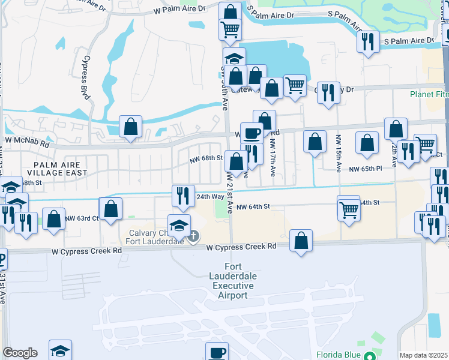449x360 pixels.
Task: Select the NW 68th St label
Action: point(206,158)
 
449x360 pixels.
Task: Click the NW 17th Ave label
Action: point(273,158)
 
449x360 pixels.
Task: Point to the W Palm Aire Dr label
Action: point(179,10)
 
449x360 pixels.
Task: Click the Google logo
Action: point(20,353)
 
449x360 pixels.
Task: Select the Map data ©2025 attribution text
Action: point(424,355)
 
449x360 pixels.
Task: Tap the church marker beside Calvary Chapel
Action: point(193,238)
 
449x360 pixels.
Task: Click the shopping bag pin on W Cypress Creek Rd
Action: point(301,241)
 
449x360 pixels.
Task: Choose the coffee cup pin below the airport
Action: point(217,352)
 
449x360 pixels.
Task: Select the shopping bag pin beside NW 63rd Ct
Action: point(110,211)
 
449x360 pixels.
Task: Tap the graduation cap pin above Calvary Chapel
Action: point(179,226)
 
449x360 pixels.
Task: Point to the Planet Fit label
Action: point(429,94)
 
